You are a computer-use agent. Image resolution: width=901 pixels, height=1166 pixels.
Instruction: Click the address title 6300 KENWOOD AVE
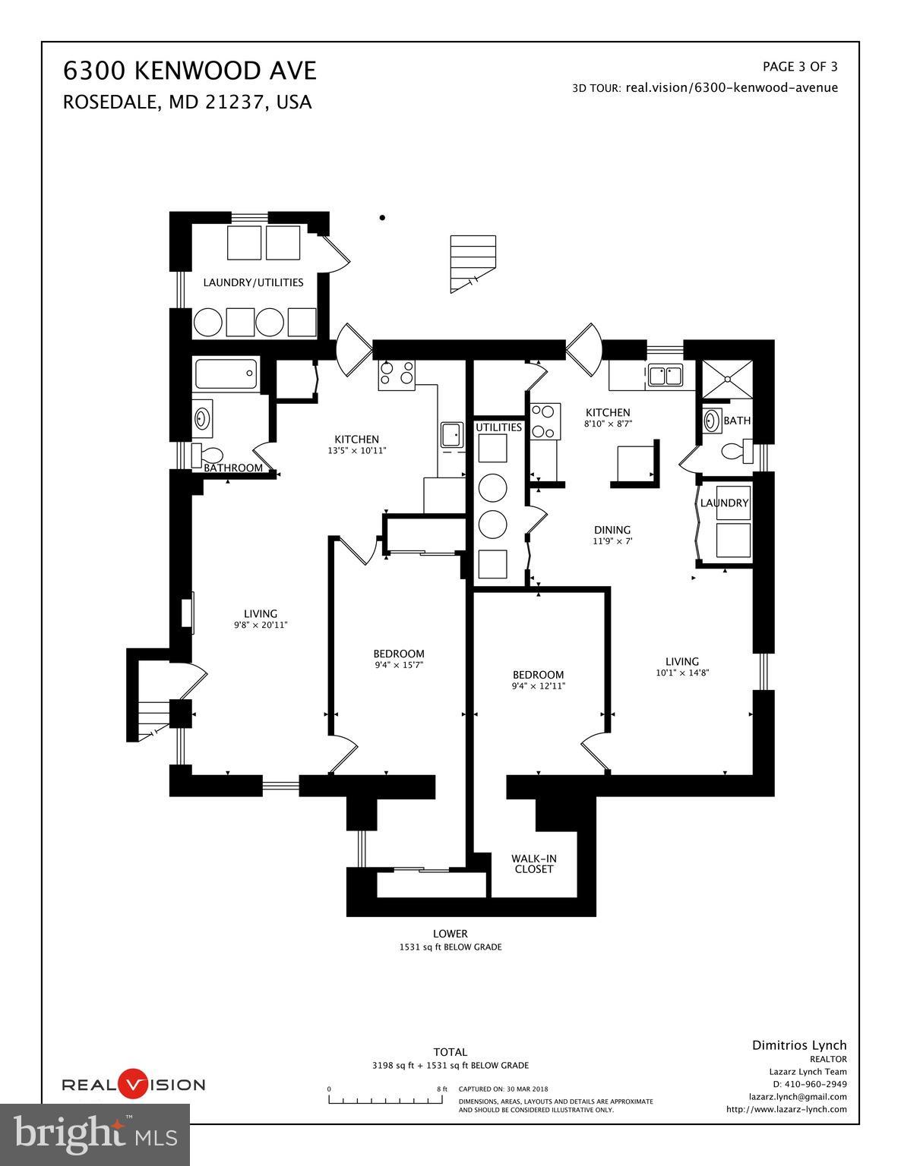tap(189, 71)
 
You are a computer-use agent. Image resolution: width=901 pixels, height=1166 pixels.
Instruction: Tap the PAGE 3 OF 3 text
tap(799, 66)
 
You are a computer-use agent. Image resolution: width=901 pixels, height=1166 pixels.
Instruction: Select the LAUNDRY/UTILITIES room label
tap(253, 282)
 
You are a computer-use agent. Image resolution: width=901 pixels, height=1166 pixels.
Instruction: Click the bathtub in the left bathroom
tap(226, 375)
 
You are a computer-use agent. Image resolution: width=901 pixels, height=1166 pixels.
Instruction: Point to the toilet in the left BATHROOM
tap(207, 455)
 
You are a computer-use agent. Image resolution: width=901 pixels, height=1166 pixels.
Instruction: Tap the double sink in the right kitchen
tap(665, 376)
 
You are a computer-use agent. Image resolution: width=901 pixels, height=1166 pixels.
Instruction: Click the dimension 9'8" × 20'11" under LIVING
tap(261, 626)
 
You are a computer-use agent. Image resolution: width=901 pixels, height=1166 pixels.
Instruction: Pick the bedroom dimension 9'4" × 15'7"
tap(399, 665)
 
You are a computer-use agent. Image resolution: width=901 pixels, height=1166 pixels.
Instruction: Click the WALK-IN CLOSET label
tap(534, 864)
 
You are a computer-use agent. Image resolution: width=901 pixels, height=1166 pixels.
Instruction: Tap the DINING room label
tap(612, 530)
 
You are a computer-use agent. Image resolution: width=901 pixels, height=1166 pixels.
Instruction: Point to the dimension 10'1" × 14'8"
tap(681, 673)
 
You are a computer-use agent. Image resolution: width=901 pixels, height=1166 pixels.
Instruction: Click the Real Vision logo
tap(133, 1084)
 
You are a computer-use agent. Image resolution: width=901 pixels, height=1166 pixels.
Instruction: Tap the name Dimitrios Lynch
tap(798, 1045)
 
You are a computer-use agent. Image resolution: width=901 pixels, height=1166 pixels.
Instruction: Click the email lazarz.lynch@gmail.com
tap(797, 1096)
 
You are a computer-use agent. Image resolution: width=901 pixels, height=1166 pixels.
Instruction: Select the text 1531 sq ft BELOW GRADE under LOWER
tap(450, 947)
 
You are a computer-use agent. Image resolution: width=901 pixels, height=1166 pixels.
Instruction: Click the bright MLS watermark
tap(95, 1134)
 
